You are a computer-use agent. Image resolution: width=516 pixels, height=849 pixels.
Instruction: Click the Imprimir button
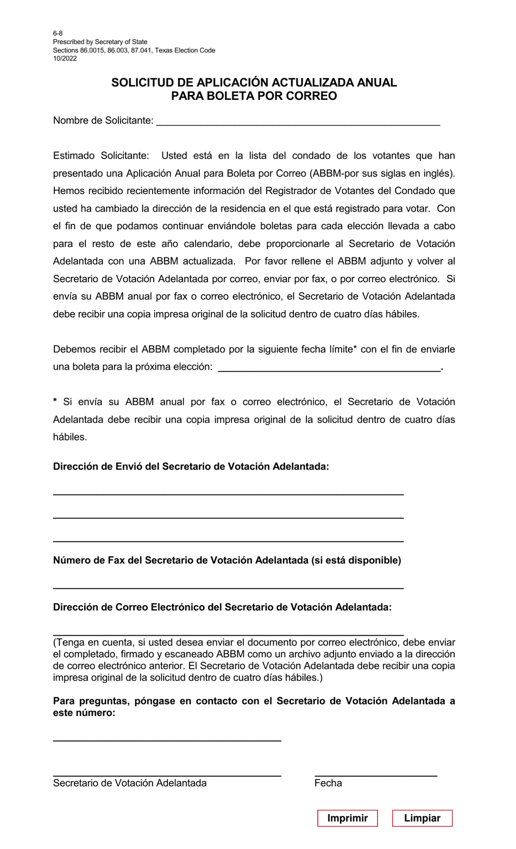(347, 818)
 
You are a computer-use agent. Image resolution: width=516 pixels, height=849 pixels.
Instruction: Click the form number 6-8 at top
(58, 34)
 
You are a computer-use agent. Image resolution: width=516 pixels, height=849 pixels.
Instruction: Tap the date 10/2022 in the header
(65, 59)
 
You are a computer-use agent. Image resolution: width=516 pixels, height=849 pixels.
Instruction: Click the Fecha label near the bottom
(328, 783)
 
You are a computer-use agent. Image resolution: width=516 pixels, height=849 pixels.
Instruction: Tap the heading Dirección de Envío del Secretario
(191, 466)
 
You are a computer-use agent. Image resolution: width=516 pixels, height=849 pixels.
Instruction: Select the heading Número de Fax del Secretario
(226, 560)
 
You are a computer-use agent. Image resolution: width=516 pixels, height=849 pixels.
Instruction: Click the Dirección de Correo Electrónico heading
(222, 607)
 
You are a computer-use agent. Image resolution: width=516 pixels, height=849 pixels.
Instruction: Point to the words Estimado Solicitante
(100, 156)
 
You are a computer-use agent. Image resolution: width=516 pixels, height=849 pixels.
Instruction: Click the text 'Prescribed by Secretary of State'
(100, 42)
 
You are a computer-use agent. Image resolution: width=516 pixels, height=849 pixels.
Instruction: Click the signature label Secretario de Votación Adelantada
(130, 783)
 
